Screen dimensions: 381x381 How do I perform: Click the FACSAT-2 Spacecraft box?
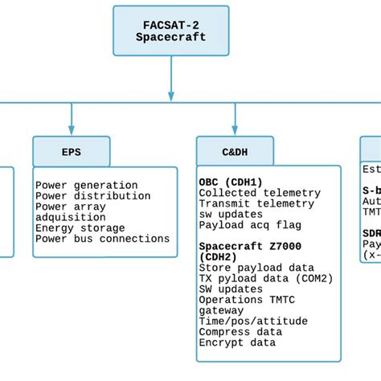click(x=170, y=31)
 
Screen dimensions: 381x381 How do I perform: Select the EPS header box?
click(x=71, y=150)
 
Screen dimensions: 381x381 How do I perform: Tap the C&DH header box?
click(x=235, y=150)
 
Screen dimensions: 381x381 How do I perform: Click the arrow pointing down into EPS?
click(x=71, y=121)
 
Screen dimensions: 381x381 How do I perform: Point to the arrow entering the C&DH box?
click(x=235, y=121)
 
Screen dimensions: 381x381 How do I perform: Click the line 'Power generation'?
click(x=86, y=186)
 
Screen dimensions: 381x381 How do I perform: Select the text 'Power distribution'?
click(x=92, y=196)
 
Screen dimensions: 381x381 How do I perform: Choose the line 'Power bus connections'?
click(x=102, y=239)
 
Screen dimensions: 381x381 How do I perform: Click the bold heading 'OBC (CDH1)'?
click(x=231, y=182)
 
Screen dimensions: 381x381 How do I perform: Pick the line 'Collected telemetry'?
click(x=260, y=193)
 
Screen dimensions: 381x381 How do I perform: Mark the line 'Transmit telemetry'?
click(x=256, y=204)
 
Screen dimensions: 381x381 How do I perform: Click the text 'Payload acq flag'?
click(x=250, y=225)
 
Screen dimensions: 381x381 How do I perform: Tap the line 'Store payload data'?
click(x=256, y=268)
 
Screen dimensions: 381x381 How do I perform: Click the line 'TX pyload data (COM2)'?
click(x=266, y=278)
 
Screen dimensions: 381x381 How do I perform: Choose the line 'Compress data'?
click(x=240, y=331)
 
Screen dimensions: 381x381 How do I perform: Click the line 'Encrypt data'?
click(x=237, y=342)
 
